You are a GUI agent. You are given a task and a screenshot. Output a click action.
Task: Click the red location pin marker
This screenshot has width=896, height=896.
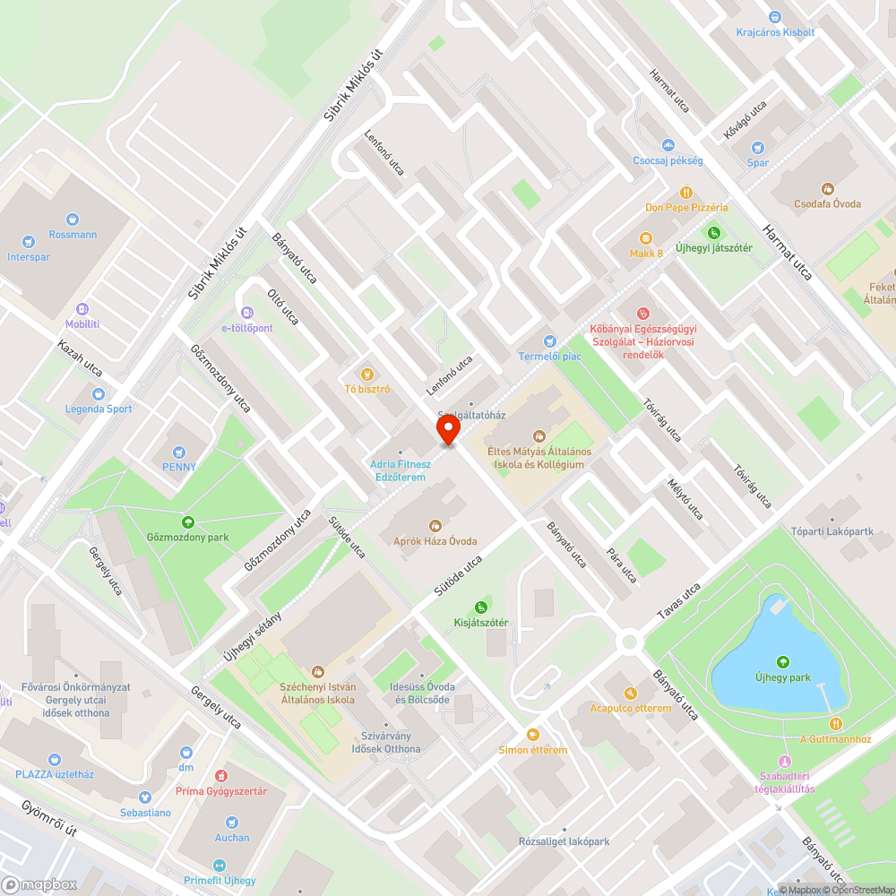click(447, 430)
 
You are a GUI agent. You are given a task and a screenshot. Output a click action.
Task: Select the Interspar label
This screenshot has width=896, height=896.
click(30, 257)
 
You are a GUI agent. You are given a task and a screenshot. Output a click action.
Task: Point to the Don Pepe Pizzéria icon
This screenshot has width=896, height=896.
click(686, 192)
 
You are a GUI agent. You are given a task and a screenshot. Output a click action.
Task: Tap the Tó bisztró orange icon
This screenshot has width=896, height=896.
click(366, 374)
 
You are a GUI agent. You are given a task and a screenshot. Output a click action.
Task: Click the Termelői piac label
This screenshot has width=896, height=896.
click(549, 356)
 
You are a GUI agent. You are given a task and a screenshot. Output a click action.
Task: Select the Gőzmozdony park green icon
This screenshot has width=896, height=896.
click(188, 521)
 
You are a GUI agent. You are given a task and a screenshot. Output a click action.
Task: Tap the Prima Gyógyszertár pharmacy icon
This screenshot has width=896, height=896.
click(221, 775)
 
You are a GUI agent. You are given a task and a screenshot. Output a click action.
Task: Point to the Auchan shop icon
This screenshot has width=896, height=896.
click(232, 823)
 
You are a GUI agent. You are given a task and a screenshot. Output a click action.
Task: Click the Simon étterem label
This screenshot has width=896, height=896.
click(532, 750)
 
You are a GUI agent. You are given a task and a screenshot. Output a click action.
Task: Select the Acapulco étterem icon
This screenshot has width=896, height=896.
click(630, 693)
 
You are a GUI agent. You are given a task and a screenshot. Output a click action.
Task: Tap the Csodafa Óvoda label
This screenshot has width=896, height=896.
click(827, 204)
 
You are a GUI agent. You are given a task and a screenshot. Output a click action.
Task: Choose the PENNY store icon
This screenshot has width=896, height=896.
click(178, 452)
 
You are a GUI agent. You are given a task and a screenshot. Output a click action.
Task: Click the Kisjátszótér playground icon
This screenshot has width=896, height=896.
click(481, 607)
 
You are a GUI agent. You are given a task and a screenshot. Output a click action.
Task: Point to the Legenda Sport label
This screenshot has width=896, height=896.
click(98, 409)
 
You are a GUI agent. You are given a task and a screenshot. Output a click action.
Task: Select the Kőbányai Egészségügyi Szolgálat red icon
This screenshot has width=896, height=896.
click(642, 313)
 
